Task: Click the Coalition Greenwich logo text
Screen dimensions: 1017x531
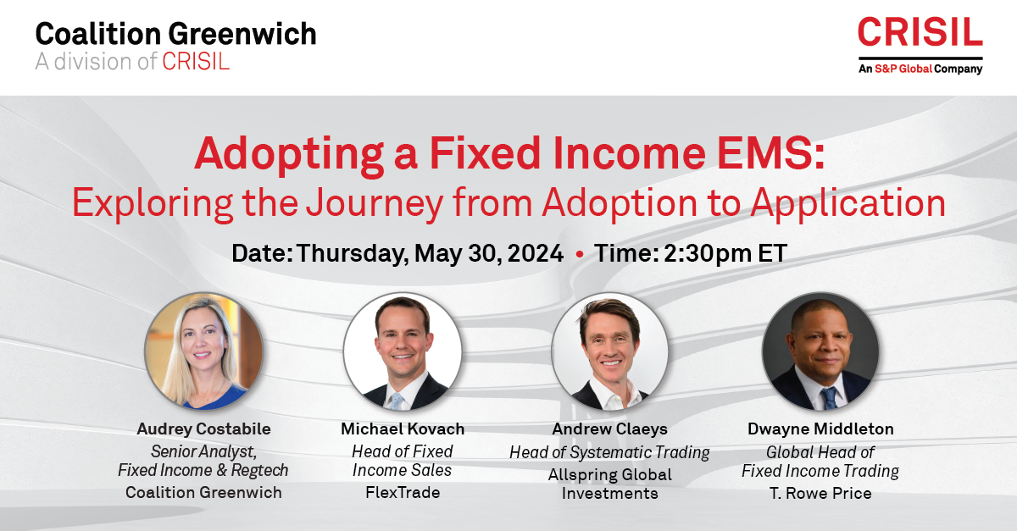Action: (x=175, y=34)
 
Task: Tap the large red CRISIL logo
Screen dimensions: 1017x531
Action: (x=920, y=32)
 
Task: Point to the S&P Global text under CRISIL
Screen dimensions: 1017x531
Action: (x=903, y=69)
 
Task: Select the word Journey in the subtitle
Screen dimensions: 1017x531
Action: (x=375, y=204)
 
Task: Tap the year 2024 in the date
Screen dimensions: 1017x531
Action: (x=536, y=253)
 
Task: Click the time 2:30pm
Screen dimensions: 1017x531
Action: (x=708, y=254)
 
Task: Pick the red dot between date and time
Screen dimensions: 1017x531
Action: (x=580, y=254)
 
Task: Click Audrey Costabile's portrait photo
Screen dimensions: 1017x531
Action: (x=203, y=351)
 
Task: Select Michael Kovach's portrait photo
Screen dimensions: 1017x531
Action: (x=403, y=351)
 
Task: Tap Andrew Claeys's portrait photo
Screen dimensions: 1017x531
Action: (x=609, y=351)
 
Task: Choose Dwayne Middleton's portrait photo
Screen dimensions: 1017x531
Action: (x=820, y=351)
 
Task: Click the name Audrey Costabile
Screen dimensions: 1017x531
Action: (x=204, y=429)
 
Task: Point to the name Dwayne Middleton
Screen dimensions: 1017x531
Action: (x=820, y=429)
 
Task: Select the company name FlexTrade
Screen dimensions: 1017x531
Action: (x=403, y=492)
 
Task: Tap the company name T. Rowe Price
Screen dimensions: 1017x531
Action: (x=820, y=494)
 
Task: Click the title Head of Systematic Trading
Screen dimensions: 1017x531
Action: (x=609, y=452)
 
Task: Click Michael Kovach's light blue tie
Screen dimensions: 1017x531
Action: (x=397, y=401)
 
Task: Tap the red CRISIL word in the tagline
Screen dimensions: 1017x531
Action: (x=196, y=62)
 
